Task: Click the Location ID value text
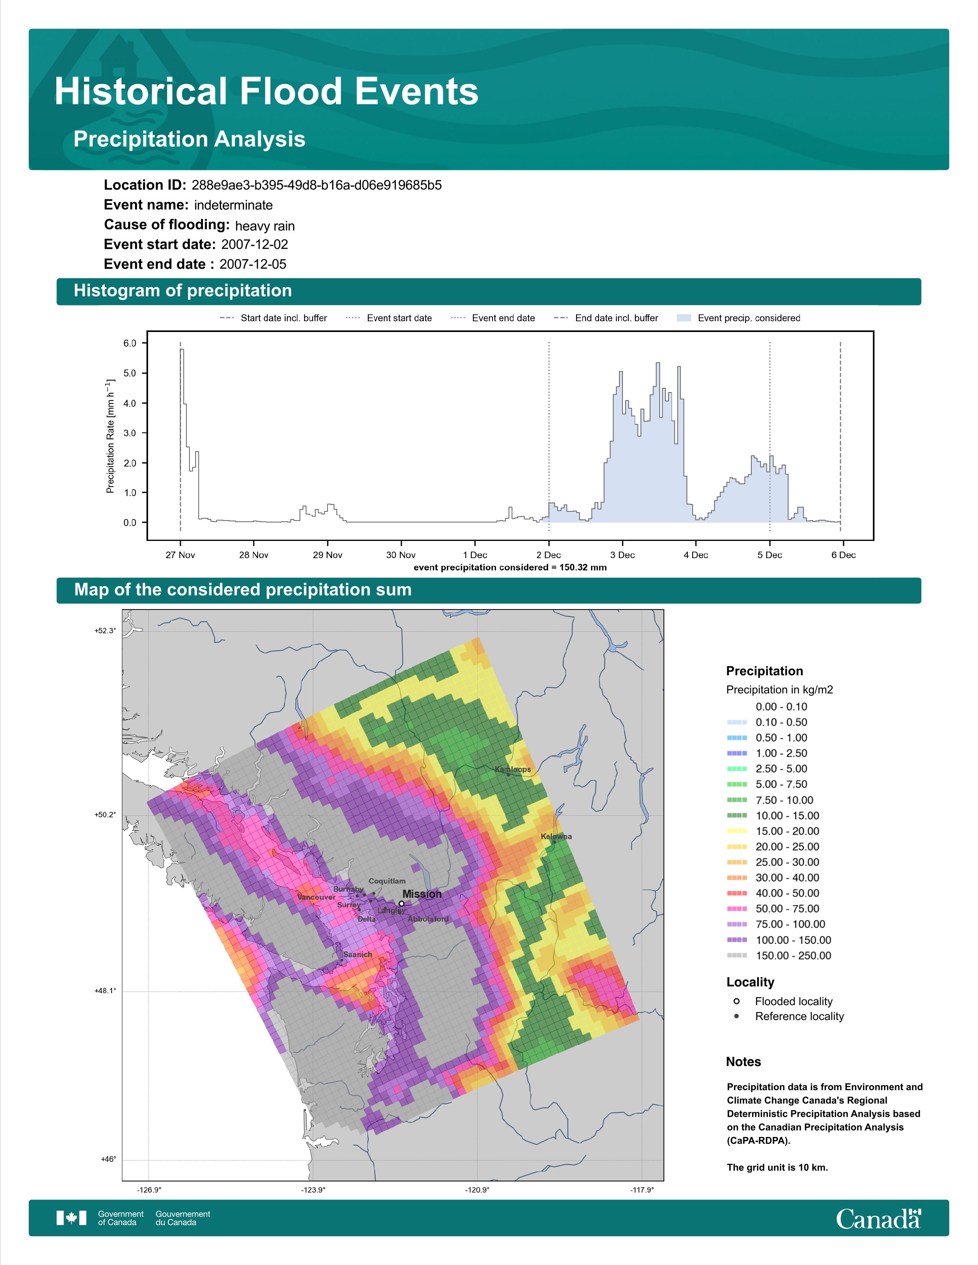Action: coord(316,186)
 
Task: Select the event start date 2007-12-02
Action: coord(254,245)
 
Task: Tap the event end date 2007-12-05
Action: coord(253,264)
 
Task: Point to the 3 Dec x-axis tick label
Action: coord(622,555)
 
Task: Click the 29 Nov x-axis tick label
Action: coord(328,555)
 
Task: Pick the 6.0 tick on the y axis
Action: coord(130,343)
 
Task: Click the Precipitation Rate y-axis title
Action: coord(110,436)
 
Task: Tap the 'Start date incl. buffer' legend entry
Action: coord(273,318)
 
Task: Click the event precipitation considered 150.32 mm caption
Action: coord(510,568)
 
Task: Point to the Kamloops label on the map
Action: coord(513,769)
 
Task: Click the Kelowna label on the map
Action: coord(556,836)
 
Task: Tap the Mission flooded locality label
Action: coord(422,894)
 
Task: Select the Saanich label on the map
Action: coord(357,955)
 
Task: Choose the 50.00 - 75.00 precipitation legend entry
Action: coord(773,909)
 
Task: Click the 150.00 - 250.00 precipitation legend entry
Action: coord(779,956)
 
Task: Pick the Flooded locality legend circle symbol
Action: coord(736,1001)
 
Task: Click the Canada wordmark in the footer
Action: coord(878,1218)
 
